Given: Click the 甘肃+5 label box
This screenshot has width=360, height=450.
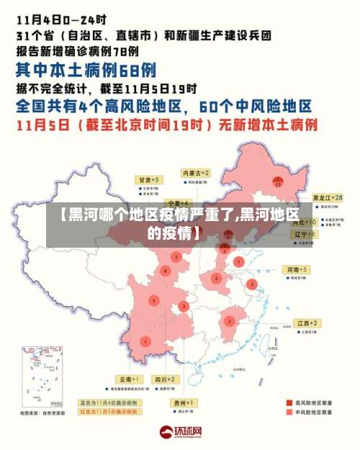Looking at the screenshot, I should pyautogui.click(x=150, y=179).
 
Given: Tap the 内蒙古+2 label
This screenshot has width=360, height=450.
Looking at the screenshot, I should pyautogui.click(x=196, y=174).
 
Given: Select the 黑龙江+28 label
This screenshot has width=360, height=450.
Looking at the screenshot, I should pyautogui.click(x=327, y=197).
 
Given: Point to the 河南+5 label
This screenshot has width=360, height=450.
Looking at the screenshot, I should pyautogui.click(x=297, y=269).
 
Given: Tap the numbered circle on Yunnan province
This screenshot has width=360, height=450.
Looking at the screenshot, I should pyautogui.click(x=146, y=341).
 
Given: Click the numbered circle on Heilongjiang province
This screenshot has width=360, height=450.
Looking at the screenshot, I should pyautogui.click(x=278, y=181).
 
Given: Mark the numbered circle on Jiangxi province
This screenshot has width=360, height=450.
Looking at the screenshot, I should pyautogui.click(x=230, y=320).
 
